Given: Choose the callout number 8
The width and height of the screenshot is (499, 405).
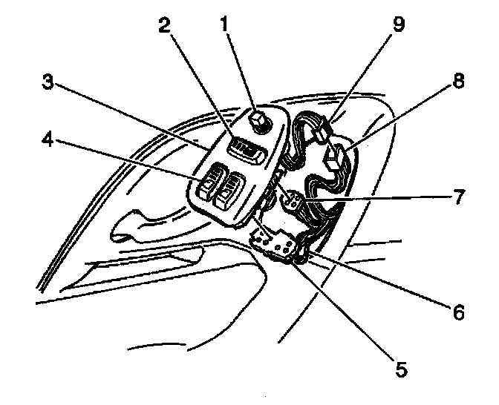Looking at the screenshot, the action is pos(458,82).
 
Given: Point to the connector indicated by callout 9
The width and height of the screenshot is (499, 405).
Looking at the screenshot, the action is pos(322,131).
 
